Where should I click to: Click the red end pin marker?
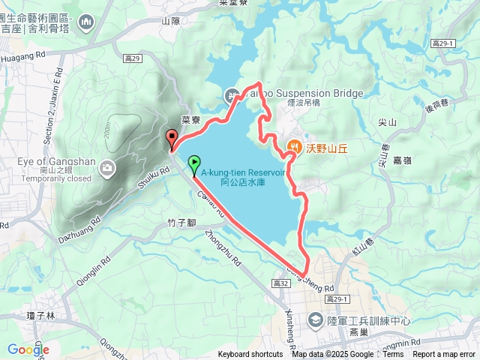[x=171, y=138]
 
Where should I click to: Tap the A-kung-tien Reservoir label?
[x=243, y=176]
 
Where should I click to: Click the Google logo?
[x=28, y=349]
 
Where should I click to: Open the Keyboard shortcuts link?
[x=250, y=355]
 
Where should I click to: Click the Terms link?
[x=393, y=355]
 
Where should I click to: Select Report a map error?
[x=444, y=355]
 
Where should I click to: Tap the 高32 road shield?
[x=282, y=283]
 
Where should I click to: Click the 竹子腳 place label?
[x=181, y=223]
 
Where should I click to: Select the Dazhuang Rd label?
[x=79, y=229]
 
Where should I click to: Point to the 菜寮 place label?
[x=191, y=118]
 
